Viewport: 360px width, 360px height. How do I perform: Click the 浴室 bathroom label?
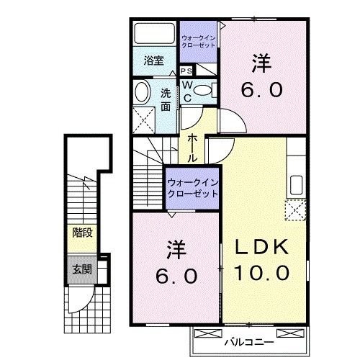152,61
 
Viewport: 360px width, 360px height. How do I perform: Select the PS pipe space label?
186,71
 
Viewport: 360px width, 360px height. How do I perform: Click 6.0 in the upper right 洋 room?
261,91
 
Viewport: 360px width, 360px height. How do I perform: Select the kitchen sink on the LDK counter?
296,183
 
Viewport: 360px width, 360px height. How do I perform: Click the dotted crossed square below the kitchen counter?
296,211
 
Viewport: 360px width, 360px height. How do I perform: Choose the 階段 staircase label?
81,233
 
